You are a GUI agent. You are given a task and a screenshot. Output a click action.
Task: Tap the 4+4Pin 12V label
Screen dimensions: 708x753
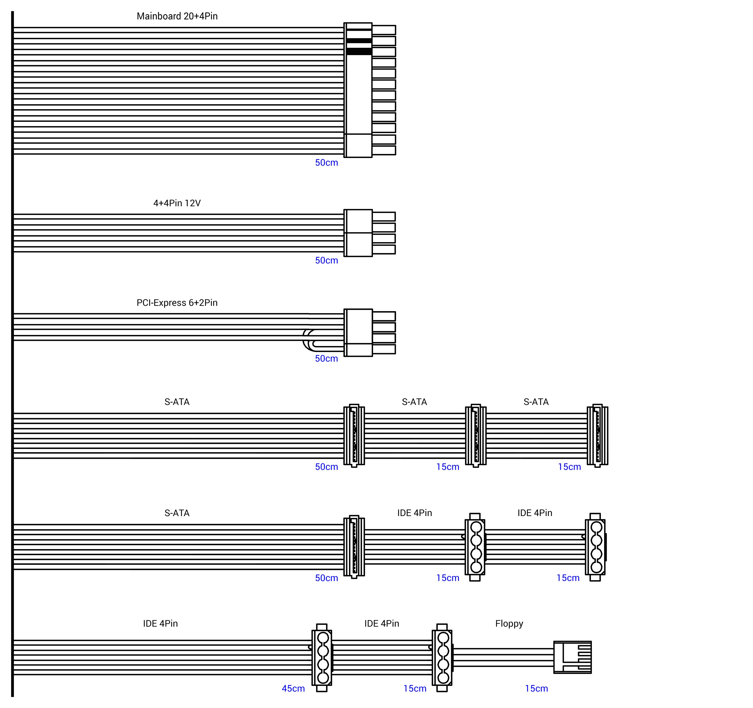[177, 203]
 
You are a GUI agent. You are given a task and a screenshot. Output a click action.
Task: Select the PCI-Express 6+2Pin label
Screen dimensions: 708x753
[177, 303]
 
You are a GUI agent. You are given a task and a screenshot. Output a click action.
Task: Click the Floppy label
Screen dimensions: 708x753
[509, 624]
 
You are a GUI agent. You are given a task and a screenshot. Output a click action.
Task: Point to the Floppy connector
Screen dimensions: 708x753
[572, 657]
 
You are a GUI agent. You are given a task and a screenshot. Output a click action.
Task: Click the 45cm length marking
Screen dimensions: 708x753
[293, 689]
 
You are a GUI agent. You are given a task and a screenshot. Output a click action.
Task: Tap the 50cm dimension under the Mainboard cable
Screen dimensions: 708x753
[327, 163]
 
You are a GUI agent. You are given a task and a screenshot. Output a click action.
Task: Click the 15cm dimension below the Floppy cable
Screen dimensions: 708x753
[536, 689]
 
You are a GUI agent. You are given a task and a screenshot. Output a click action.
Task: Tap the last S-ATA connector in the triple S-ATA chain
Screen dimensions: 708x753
[597, 435]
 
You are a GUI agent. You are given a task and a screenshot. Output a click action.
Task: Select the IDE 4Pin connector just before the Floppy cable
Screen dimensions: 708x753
[442, 658]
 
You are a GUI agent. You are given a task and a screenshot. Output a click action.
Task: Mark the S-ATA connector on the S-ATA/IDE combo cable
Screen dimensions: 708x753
[354, 547]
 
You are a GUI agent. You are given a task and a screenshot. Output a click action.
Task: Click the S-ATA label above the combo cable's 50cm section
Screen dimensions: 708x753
[177, 513]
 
